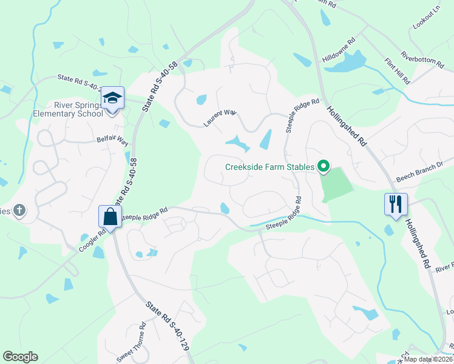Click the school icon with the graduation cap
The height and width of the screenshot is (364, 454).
tap(112, 98)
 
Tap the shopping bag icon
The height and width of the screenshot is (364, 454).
tap(110, 216)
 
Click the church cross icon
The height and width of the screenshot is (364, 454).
tap(19, 211)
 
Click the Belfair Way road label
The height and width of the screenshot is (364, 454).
tap(112, 141)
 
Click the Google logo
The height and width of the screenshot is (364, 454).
tap(20, 357)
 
